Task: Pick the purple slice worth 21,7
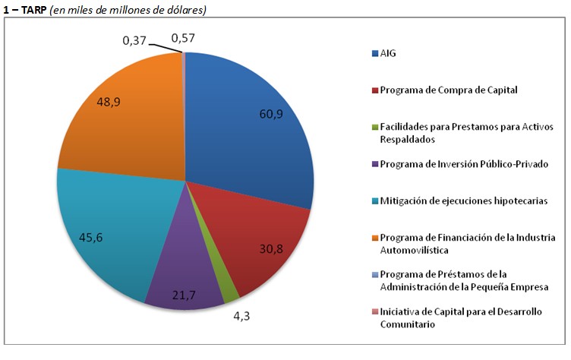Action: (182, 285)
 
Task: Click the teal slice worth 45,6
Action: (99, 228)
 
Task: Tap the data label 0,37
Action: (134, 39)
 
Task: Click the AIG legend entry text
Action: (388, 53)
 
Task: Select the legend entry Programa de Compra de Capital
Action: (448, 90)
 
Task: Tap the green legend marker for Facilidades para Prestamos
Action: (373, 127)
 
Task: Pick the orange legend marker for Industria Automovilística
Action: (373, 238)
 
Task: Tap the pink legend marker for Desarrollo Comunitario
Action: (373, 312)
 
